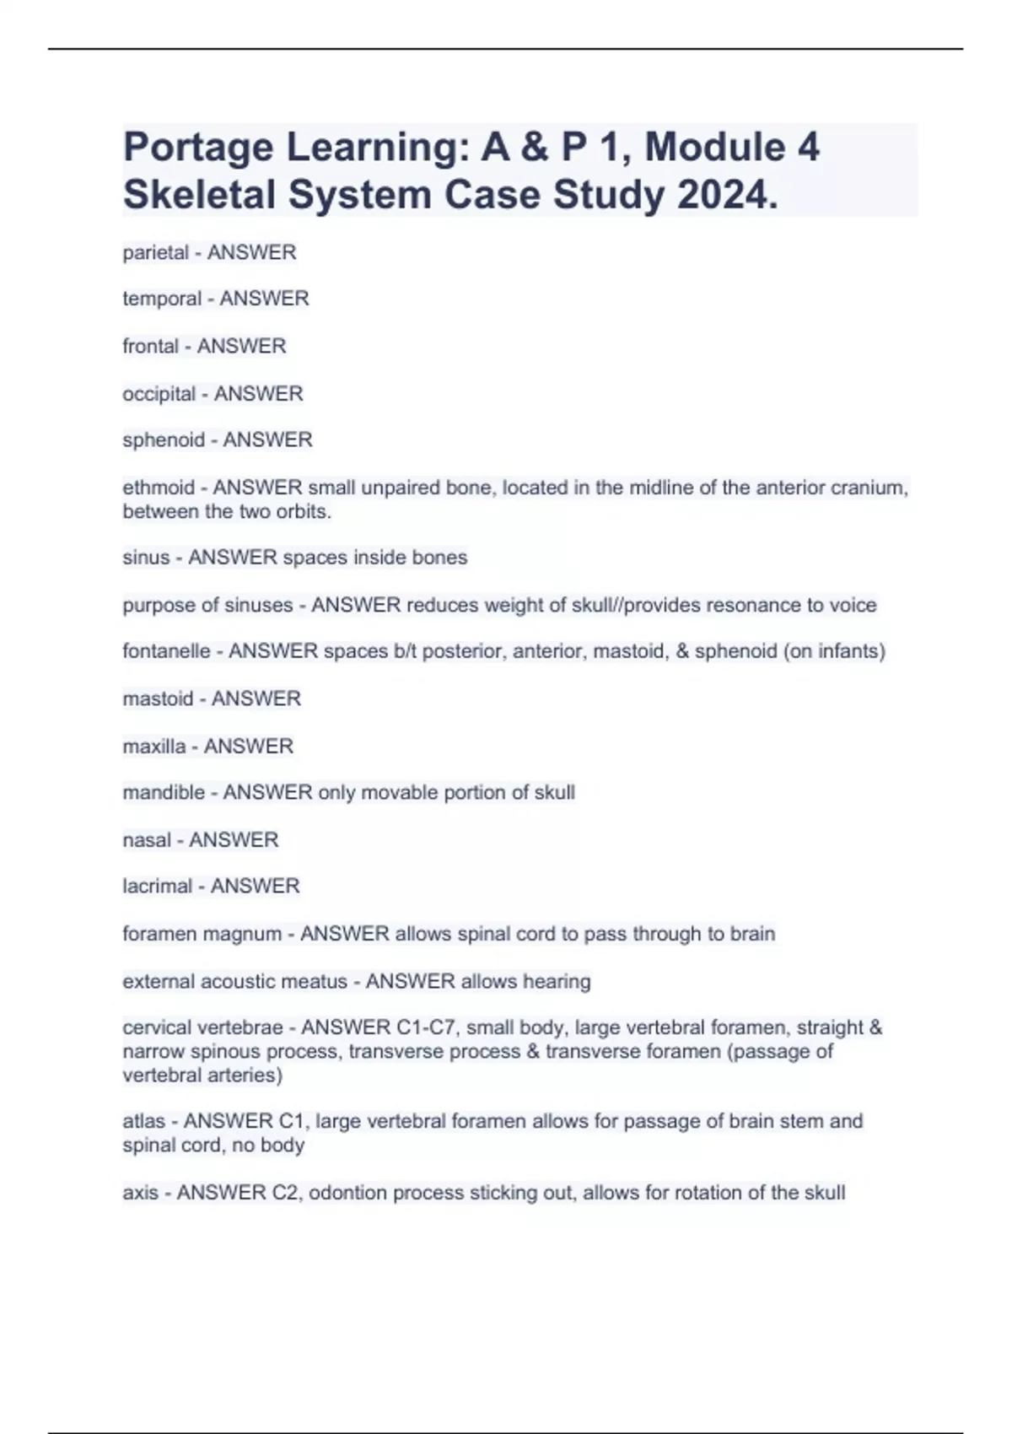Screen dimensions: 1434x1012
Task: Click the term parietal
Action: tap(155, 252)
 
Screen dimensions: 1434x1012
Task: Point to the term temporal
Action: tap(162, 299)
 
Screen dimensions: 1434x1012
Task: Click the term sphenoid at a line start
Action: tap(164, 440)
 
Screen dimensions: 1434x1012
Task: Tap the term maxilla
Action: tap(154, 746)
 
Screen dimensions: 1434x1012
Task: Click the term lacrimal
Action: tap(158, 886)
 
